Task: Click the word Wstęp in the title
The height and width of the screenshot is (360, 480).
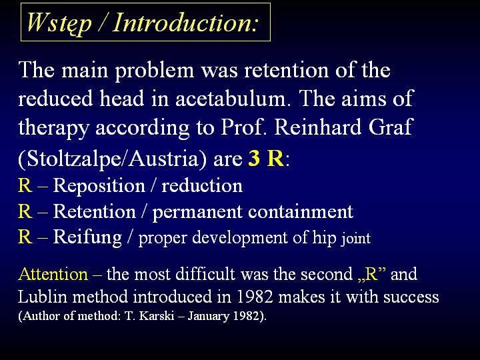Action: click(59, 23)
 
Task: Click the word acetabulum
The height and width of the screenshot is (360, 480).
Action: click(232, 98)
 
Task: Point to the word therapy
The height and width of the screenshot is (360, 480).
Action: click(53, 129)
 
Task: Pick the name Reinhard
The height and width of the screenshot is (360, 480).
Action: click(317, 127)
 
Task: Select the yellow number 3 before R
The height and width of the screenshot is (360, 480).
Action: click(254, 158)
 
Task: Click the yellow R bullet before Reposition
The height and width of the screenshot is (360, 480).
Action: click(25, 185)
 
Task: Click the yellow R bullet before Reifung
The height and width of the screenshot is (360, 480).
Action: click(25, 237)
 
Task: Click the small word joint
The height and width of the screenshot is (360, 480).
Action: click(356, 239)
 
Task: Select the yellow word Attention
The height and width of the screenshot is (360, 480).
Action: click(53, 274)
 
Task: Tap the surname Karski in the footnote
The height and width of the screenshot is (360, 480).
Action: click(157, 315)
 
